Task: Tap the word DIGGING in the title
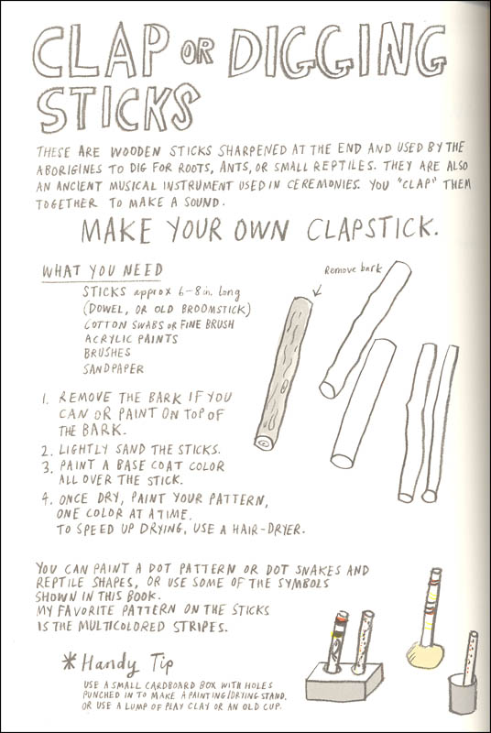[337, 51]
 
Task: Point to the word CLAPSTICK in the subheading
[372, 228]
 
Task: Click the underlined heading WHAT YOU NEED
[103, 270]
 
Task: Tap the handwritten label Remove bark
[353, 269]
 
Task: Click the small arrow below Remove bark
[317, 291]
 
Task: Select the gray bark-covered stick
[284, 374]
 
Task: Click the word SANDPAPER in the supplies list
[114, 369]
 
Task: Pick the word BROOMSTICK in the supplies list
[216, 309]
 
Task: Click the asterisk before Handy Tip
[69, 662]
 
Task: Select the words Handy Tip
[127, 663]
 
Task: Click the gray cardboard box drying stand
[344, 682]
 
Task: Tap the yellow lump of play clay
[425, 654]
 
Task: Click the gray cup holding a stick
[462, 694]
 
